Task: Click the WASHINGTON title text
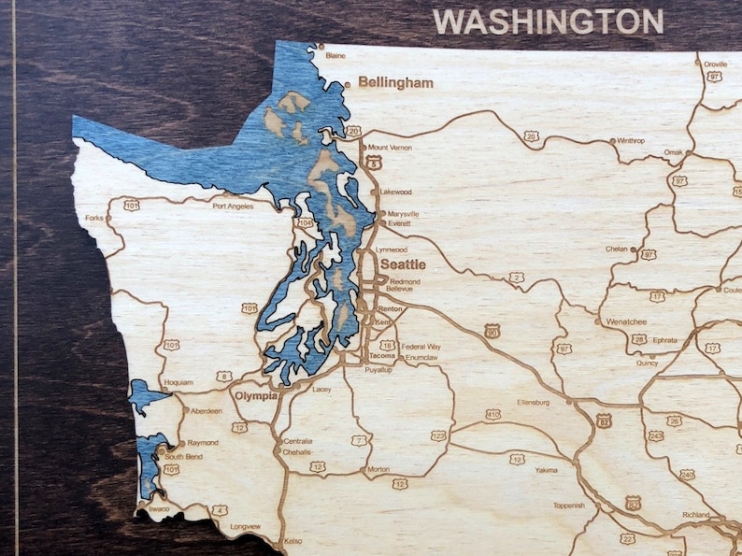point(549,21)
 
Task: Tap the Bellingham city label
point(395,82)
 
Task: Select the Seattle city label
point(402,264)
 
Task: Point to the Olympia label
point(256,395)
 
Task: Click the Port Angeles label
point(233,206)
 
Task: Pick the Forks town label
point(93,218)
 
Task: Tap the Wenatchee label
point(627,321)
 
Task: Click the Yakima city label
point(547,471)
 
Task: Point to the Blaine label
point(335,55)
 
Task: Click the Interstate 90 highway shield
point(492,331)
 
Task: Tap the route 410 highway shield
point(492,414)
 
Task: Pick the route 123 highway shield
point(438,435)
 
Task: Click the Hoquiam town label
point(177,382)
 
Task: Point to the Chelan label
point(616,249)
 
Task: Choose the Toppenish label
point(568,506)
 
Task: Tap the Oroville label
point(715,64)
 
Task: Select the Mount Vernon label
point(391,147)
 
